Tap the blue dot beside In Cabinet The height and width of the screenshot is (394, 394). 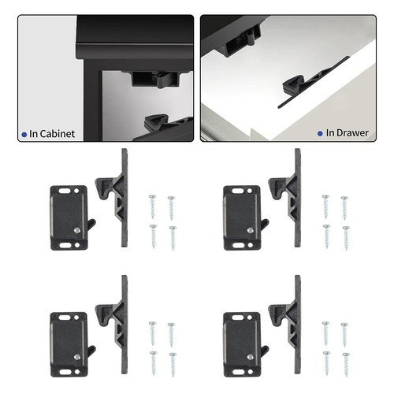24,135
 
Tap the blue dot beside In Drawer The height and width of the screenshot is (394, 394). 320,133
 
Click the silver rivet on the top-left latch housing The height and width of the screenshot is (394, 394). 77,230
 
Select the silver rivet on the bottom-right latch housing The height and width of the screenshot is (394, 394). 251,357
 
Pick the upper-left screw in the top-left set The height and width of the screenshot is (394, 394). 152,206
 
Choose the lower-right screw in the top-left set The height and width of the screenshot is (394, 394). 173,238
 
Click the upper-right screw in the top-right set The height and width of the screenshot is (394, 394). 344,208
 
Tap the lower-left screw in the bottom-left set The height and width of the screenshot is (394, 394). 153,363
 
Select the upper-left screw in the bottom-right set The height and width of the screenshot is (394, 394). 325,333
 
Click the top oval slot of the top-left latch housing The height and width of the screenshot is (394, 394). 63,191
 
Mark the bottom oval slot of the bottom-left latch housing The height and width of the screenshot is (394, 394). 63,372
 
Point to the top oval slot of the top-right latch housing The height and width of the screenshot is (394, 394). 236,191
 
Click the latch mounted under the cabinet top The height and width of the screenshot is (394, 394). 155,78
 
